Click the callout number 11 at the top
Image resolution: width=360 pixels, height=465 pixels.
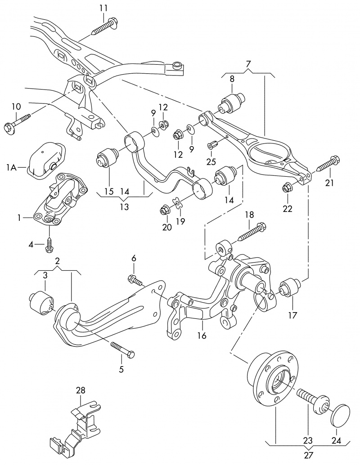pyautogui.click(x=103, y=8)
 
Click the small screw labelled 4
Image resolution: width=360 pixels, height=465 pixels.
pyautogui.click(x=49, y=246)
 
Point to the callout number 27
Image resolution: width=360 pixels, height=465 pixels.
pyautogui.click(x=308, y=455)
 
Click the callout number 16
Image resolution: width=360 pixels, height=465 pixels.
pyautogui.click(x=202, y=335)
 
